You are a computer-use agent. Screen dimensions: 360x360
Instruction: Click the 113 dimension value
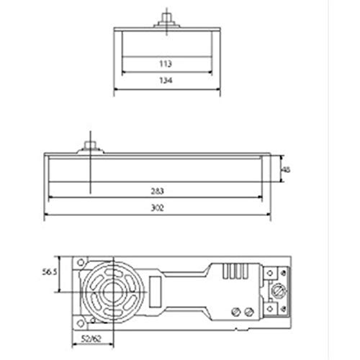tap(166, 64)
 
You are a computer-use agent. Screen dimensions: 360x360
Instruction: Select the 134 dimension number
tap(166, 80)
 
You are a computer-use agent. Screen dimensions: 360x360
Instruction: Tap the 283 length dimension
tap(158, 192)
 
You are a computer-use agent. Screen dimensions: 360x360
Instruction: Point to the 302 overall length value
tap(158, 208)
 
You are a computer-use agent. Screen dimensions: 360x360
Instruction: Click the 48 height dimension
tap(286, 170)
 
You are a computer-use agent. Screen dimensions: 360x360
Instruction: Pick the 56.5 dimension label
tap(50, 272)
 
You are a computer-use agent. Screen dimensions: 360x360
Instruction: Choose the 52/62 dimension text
tap(91, 339)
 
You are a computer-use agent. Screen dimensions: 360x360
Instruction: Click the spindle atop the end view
tap(166, 20)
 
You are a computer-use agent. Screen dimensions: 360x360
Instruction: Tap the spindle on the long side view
tap(91, 147)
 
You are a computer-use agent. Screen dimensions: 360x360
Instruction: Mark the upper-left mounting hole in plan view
tap(81, 262)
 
